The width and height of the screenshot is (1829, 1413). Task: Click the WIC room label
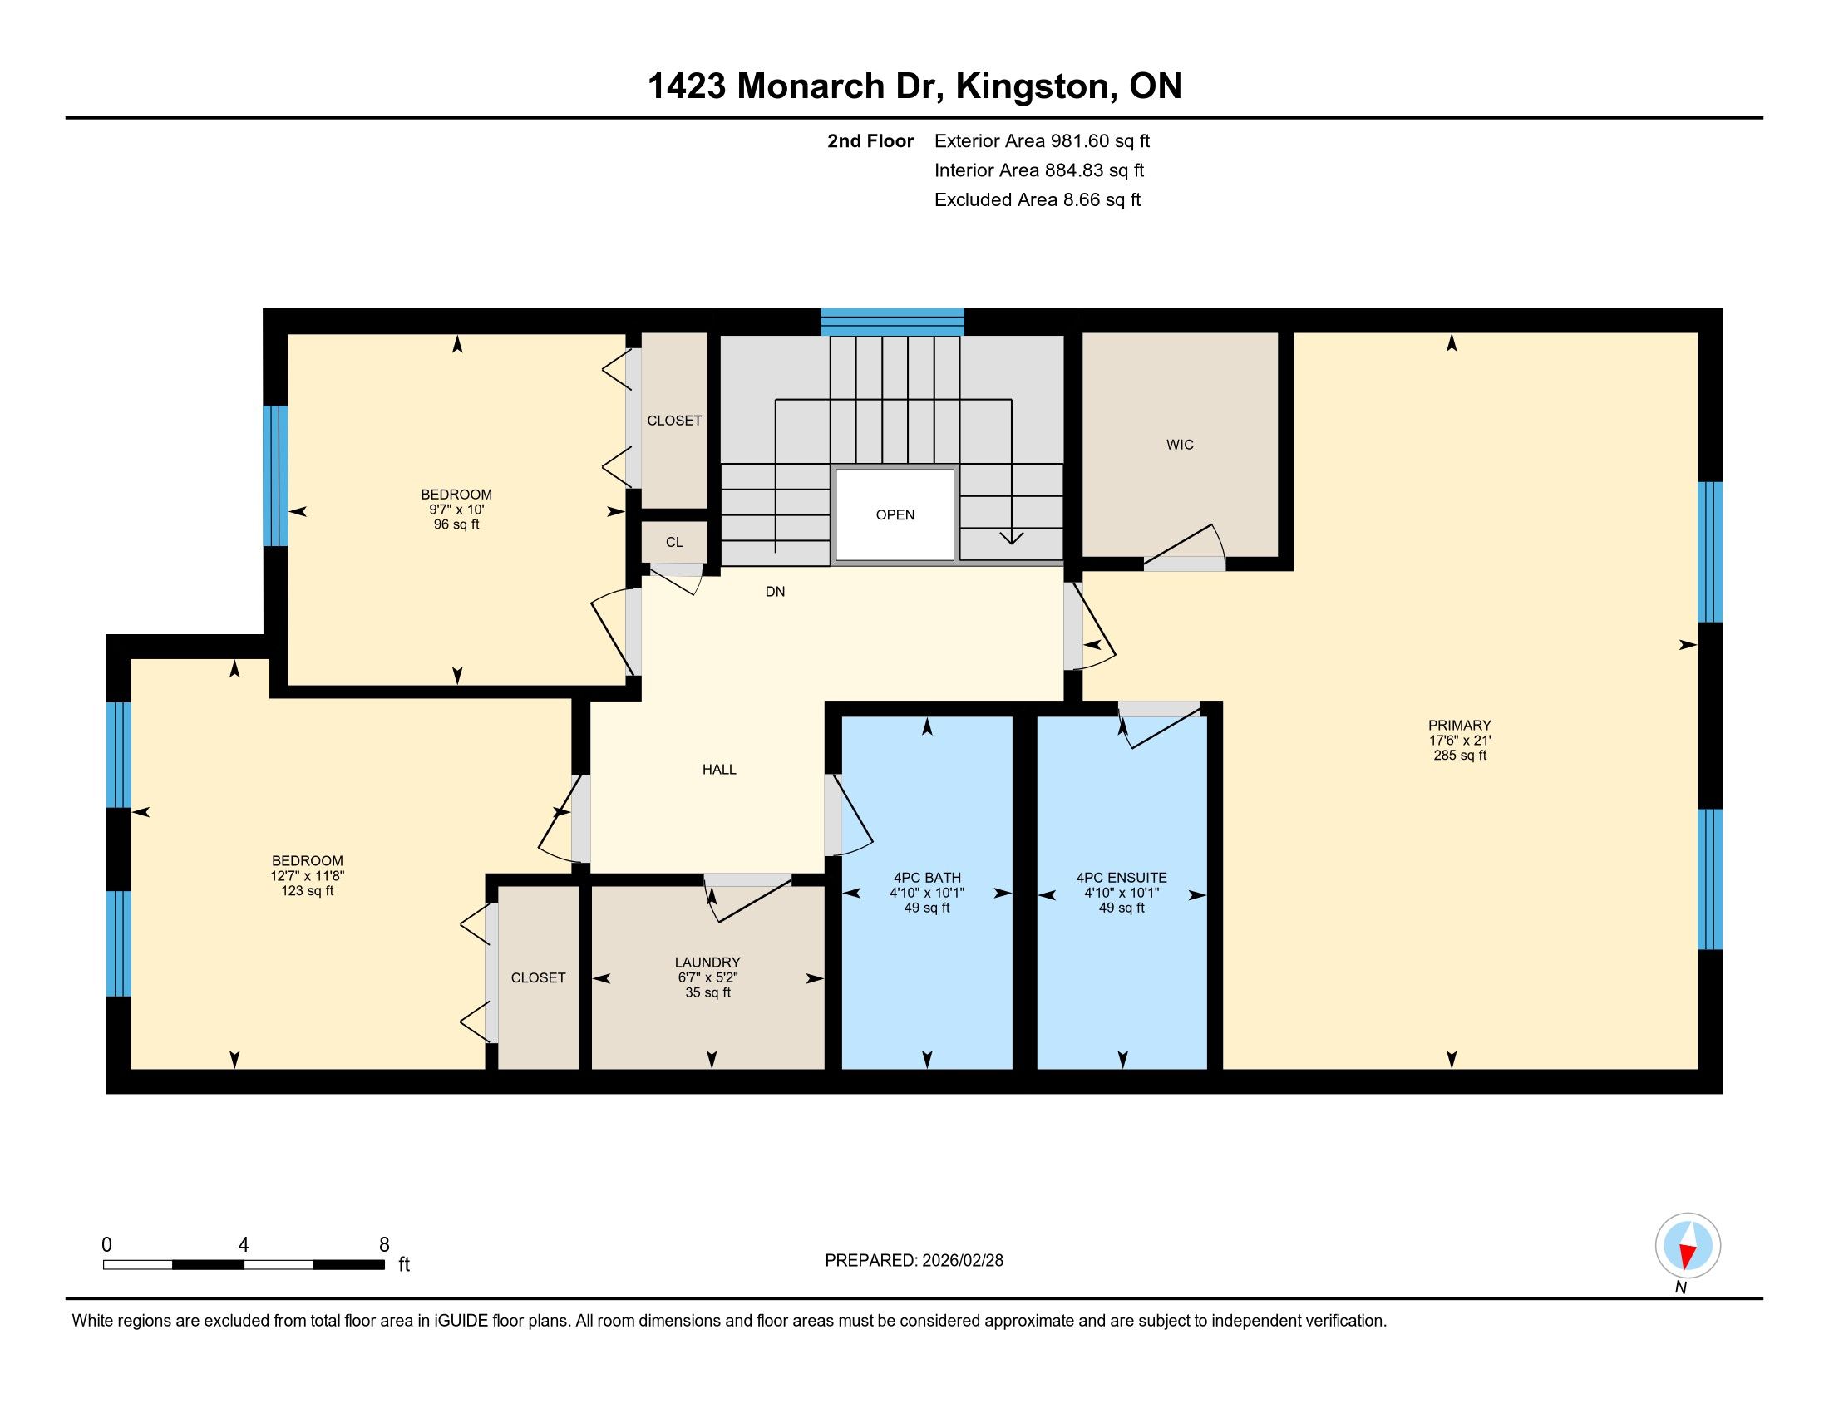[x=1179, y=445]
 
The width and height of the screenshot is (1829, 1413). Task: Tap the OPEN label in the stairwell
[x=895, y=514]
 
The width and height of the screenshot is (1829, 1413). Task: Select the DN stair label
[x=775, y=592]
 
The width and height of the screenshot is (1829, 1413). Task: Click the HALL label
[x=718, y=770]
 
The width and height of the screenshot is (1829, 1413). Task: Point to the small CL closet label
[x=674, y=543]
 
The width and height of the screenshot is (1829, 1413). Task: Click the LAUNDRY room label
[x=707, y=963]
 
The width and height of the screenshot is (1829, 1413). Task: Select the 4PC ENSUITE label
[x=1122, y=877]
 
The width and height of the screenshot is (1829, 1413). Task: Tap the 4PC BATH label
[x=926, y=877]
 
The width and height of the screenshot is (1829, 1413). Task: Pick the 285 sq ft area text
[x=1460, y=755]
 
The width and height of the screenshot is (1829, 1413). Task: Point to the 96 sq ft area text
[x=456, y=524]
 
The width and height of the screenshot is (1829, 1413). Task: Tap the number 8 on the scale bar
[x=384, y=1245]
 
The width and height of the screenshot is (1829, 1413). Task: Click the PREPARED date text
[x=914, y=1261]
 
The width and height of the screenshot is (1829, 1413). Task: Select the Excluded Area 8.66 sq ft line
[x=1038, y=200]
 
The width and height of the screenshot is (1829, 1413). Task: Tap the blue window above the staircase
[x=892, y=322]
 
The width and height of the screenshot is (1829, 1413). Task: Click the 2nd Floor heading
[x=870, y=141]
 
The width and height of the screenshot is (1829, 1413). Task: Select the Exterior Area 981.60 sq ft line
[x=1042, y=141]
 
